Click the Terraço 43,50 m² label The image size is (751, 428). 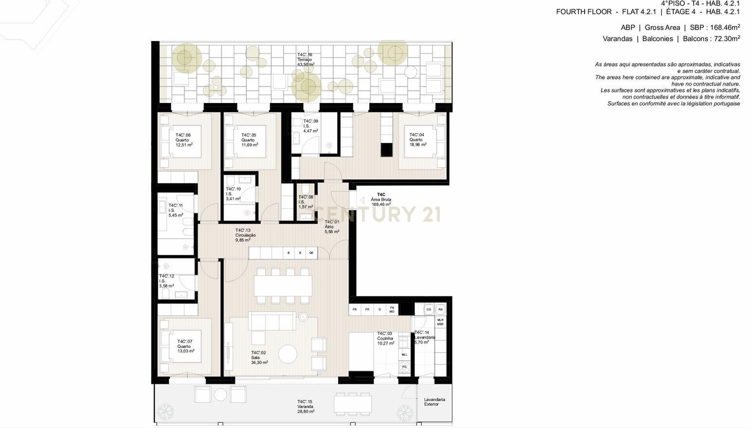[x=305, y=59]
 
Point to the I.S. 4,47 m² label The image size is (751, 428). [x=310, y=126]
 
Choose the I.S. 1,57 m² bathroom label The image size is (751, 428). [x=305, y=202]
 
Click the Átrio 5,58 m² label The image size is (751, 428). [x=332, y=227]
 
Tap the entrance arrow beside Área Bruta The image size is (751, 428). [x=362, y=200]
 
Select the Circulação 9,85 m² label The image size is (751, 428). [x=245, y=235]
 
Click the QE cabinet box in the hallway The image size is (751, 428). [x=311, y=253]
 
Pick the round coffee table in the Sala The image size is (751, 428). [x=287, y=354]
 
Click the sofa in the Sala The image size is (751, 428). [x=272, y=321]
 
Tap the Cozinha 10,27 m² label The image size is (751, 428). [x=385, y=339]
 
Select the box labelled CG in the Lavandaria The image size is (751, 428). [x=429, y=309]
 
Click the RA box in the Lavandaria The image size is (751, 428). [x=440, y=309]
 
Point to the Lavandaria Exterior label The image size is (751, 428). [x=434, y=402]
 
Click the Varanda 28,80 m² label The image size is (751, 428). [x=305, y=407]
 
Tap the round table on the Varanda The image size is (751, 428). [x=221, y=394]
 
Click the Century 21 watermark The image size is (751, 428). [x=377, y=214]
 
